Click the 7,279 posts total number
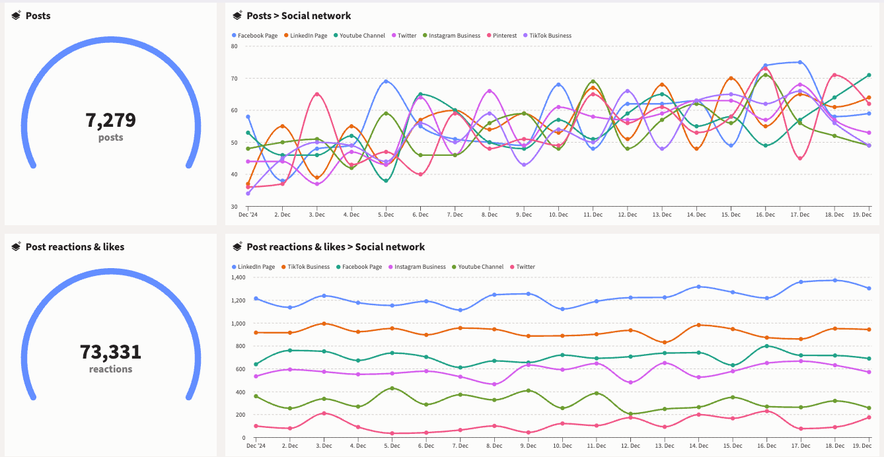coord(110,120)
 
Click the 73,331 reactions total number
coord(110,351)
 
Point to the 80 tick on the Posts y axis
coord(235,46)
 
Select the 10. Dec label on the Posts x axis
coord(558,215)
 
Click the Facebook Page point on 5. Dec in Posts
coord(386,81)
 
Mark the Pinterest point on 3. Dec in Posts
coord(317,94)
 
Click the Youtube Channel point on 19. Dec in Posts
coord(869,75)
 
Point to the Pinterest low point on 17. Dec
coord(800,158)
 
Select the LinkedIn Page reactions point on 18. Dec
coord(834,280)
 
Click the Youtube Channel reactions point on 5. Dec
coord(392,388)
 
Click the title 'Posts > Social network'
coord(299,16)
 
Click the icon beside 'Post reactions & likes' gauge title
coord(16,246)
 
